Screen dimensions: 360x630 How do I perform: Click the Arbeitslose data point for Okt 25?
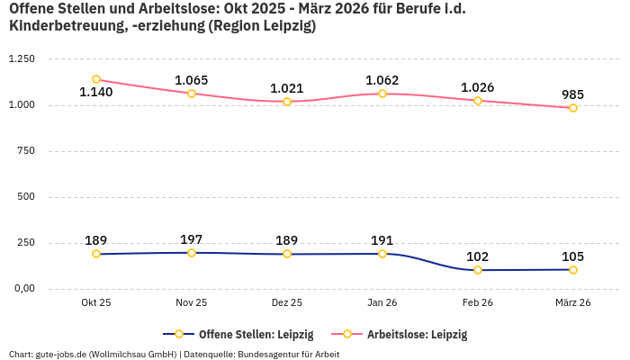[x=96, y=79]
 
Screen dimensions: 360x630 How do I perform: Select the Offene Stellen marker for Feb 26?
[x=478, y=270]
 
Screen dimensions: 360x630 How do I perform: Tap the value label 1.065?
[x=192, y=79]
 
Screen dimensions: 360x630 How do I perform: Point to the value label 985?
[x=572, y=94]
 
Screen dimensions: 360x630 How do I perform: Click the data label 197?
[x=192, y=239]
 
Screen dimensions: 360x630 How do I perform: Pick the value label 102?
[x=478, y=256]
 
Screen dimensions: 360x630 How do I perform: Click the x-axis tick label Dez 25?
[x=287, y=303]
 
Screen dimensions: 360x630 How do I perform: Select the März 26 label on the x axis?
[x=572, y=303]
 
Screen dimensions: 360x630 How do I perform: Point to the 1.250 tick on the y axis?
[x=21, y=59]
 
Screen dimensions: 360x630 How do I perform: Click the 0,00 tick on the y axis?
[x=22, y=289]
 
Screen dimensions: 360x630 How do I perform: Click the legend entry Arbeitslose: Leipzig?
[x=417, y=334]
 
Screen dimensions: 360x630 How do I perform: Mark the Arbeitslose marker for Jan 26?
[x=382, y=94]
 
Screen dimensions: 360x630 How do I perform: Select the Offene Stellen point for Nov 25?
[x=192, y=253]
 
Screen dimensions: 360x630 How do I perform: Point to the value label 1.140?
[x=96, y=93]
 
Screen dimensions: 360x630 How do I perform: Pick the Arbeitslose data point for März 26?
[x=572, y=108]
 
